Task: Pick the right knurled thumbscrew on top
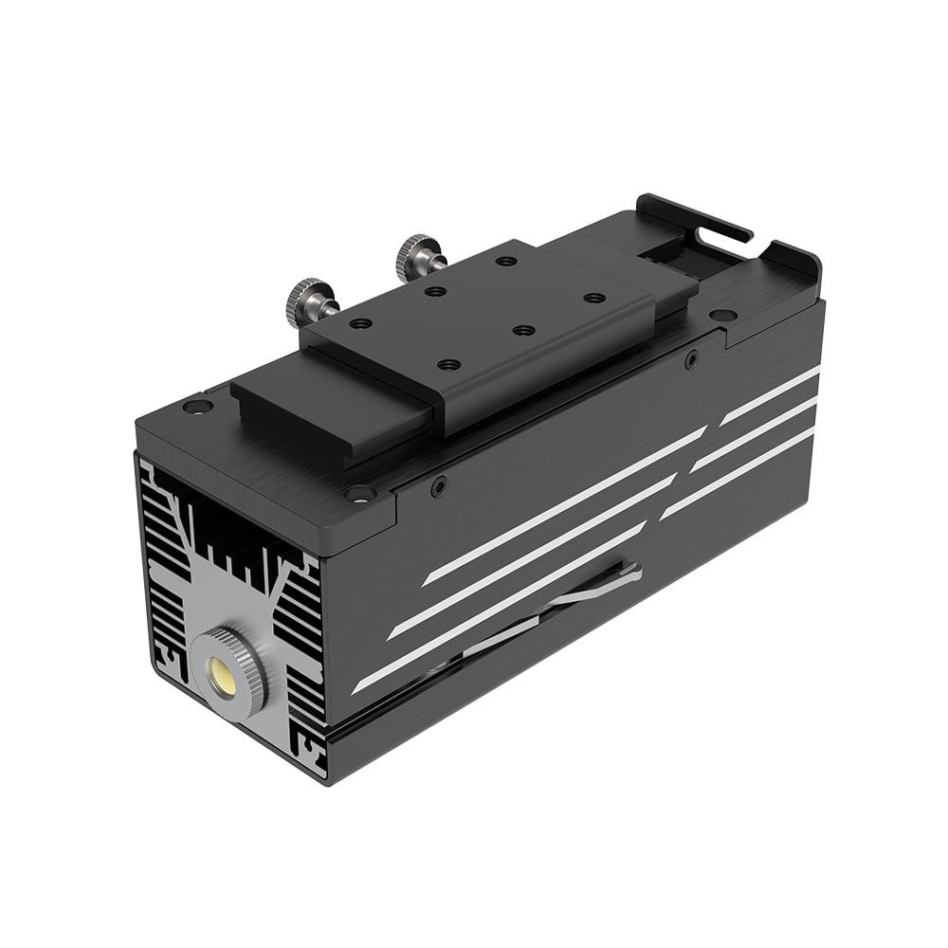[419, 254]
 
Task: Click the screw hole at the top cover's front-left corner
[197, 407]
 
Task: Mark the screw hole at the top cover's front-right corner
[360, 493]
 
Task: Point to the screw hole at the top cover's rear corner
[722, 315]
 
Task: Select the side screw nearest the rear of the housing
[691, 358]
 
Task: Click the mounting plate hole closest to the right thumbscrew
[506, 261]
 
